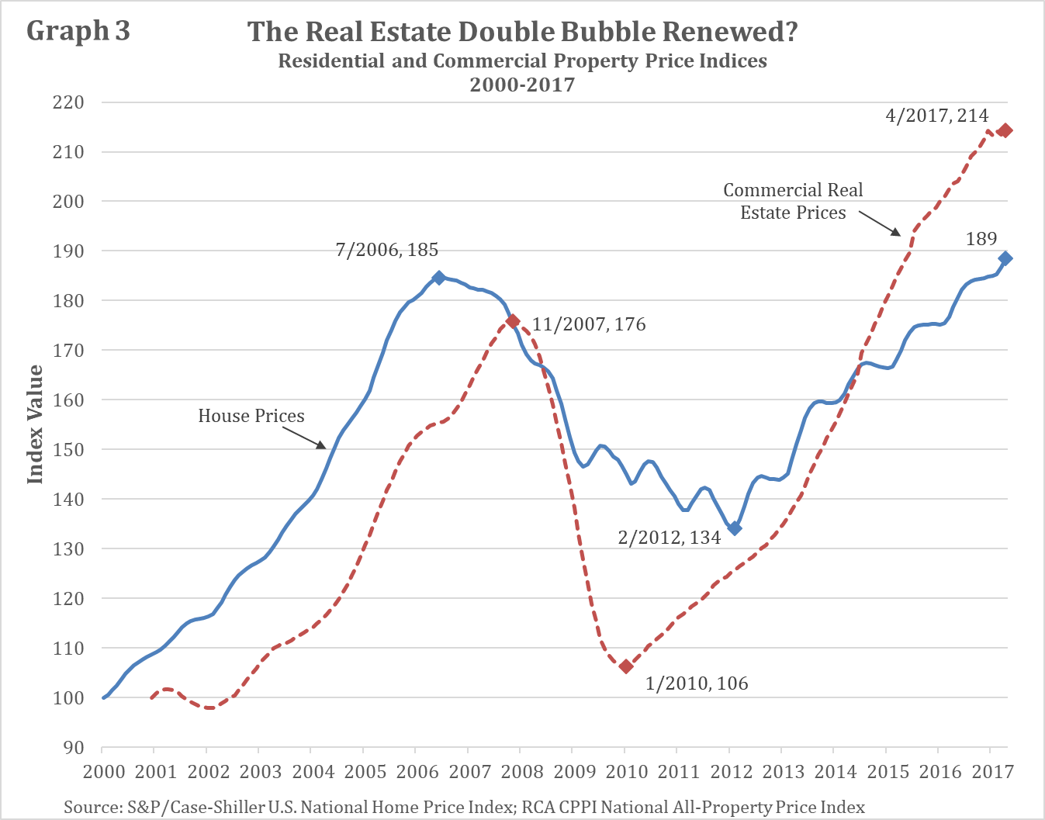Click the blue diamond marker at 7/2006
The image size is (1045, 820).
[x=438, y=278]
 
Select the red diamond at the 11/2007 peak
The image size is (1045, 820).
[x=512, y=321]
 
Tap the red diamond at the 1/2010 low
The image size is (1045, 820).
[x=626, y=666]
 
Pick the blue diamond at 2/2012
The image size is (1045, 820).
[x=734, y=528]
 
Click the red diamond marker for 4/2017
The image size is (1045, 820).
[x=1005, y=130]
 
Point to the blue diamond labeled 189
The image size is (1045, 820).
[x=1005, y=258]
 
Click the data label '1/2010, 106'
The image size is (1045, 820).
[x=697, y=683]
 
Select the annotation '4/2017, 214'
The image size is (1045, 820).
[x=936, y=116]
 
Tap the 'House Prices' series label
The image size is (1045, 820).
[x=251, y=416]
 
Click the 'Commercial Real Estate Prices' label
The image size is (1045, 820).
[x=793, y=202]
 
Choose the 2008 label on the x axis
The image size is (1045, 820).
[x=522, y=771]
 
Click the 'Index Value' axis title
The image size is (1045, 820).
[x=35, y=424]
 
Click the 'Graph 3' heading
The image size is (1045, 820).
[x=78, y=31]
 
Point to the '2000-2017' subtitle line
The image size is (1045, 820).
[x=522, y=84]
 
